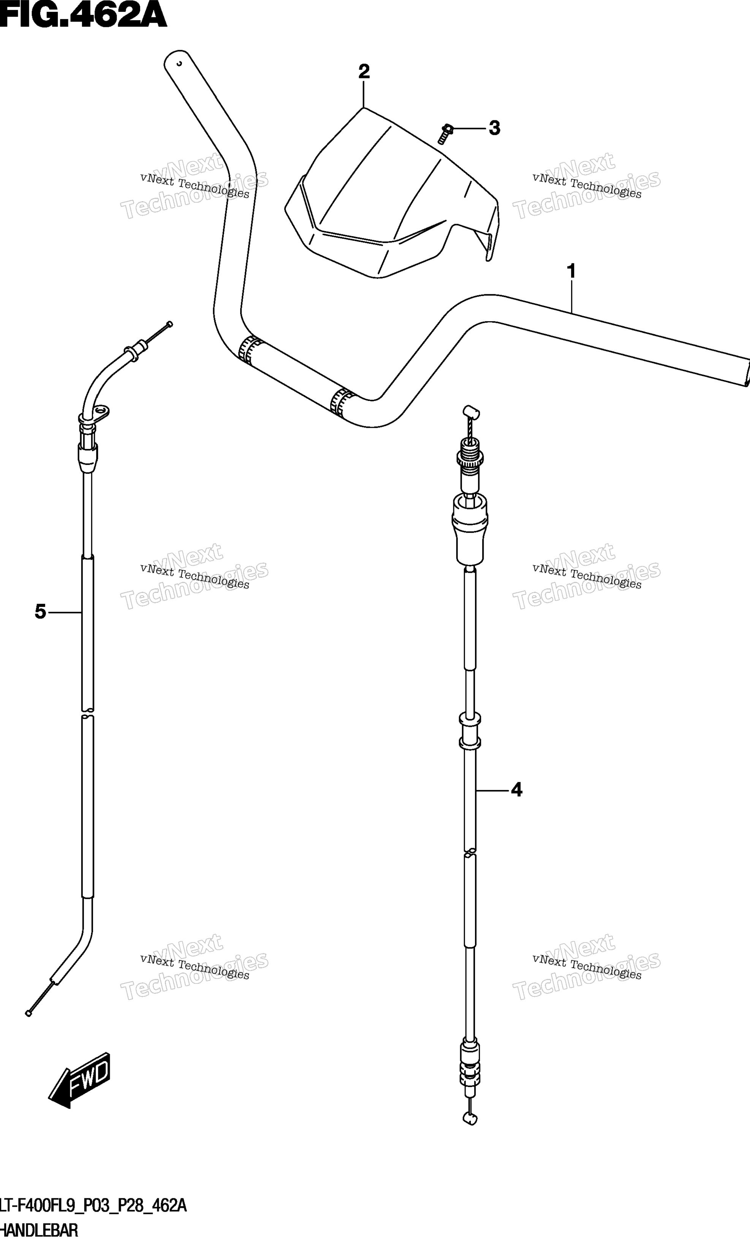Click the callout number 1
point(571,272)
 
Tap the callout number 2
point(364,72)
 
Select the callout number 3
point(494,129)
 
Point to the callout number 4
point(516,790)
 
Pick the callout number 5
point(40,612)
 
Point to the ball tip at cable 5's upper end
point(169,324)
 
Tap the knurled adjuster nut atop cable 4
point(470,459)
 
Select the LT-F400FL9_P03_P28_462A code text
point(93,1206)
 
